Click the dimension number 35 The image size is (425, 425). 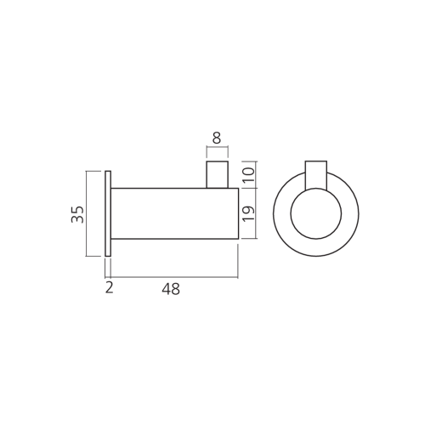pyautogui.click(x=77, y=214)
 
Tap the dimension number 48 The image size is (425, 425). pyautogui.click(x=171, y=289)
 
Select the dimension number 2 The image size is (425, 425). pyautogui.click(x=109, y=287)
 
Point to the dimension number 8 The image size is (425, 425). pyautogui.click(x=217, y=139)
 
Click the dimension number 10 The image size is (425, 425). pyautogui.click(x=249, y=175)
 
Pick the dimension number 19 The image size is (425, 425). pyautogui.click(x=249, y=213)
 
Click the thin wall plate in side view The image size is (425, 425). pyautogui.click(x=108, y=213)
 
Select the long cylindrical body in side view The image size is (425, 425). pyautogui.click(x=174, y=213)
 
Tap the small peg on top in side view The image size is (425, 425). pyautogui.click(x=218, y=174)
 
